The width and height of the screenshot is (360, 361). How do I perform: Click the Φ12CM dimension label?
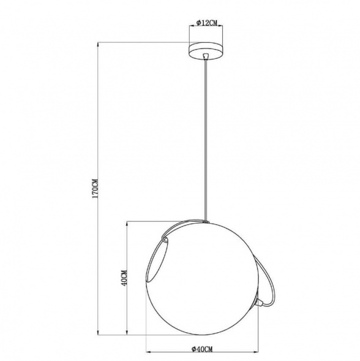click(207, 23)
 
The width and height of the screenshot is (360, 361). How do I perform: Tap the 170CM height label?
click(95, 189)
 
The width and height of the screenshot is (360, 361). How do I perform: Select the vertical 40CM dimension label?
click(124, 278)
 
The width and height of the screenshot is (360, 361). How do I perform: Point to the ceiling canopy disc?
click(206, 51)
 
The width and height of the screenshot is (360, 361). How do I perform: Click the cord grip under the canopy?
click(206, 56)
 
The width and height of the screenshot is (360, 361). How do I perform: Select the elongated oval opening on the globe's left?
click(158, 260)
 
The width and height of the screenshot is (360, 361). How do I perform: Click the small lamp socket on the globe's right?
click(260, 301)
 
